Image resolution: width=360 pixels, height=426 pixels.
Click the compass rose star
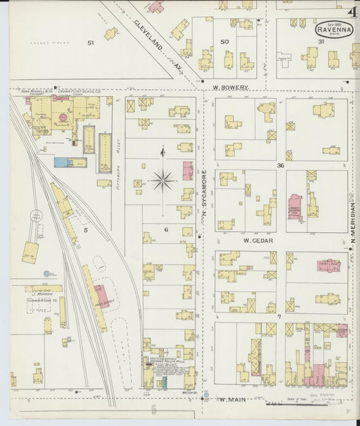162,180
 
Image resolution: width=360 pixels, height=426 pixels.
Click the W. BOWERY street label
230,87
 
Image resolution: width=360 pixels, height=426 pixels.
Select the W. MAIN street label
231,399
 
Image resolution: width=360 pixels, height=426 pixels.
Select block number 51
90,43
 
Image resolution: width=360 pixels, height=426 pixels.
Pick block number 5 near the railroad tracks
85,230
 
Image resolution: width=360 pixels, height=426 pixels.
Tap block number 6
165,230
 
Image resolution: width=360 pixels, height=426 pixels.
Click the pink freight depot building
101,296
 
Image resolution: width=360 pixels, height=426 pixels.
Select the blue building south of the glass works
61,162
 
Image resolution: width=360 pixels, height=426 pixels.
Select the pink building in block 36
294,207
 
